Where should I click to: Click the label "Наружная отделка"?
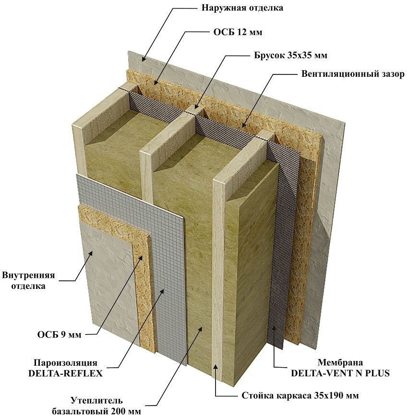tap(242, 8)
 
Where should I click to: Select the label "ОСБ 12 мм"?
tap(238, 32)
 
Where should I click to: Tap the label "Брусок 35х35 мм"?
tap(290, 55)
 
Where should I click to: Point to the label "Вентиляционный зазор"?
tap(353, 74)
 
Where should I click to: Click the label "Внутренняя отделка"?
tap(28, 281)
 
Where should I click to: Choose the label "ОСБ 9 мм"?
tap(60, 335)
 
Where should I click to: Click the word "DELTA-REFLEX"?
tap(65, 373)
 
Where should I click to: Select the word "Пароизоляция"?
tap(65, 363)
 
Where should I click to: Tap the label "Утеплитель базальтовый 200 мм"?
tap(96, 406)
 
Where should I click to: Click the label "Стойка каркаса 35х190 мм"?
tap(300, 395)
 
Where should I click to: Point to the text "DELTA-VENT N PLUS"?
tap(340, 373)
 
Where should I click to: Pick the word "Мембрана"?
tap(340, 363)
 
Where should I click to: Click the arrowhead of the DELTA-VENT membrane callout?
tap(275, 330)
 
